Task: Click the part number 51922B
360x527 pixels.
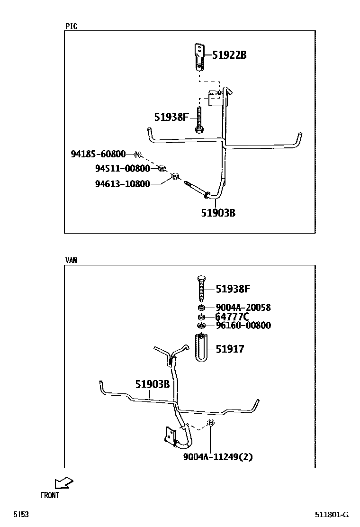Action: coord(229,55)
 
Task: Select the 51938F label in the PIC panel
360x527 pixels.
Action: coord(171,116)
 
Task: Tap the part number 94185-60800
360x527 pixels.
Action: coord(99,154)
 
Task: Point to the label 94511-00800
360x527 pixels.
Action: coord(123,168)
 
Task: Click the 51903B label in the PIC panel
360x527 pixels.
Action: coord(218,213)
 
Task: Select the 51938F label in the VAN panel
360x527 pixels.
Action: coord(233,288)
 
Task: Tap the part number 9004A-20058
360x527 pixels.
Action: coord(243,308)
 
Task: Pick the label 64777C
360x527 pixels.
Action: coord(232,317)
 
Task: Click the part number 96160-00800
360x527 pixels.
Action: coord(243,326)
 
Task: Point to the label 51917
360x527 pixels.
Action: coord(230,349)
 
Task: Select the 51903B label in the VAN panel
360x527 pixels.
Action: coord(152,384)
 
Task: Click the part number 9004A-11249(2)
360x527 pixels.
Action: coord(218,457)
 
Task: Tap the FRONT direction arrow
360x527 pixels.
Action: coord(63,483)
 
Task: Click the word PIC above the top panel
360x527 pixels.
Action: coord(71,27)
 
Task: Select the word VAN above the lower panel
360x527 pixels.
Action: coord(71,260)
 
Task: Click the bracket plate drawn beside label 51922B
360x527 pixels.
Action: coord(200,56)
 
